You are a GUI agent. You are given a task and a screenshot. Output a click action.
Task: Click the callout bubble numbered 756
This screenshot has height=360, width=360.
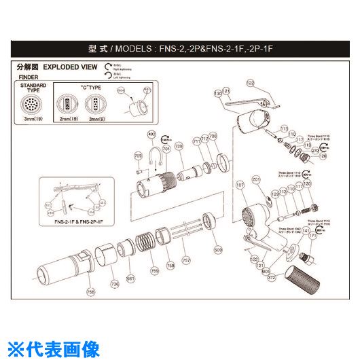(x=90, y=292)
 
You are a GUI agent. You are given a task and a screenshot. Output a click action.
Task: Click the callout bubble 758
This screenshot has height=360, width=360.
(x=171, y=266)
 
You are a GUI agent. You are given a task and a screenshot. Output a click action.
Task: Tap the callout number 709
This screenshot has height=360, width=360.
(x=138, y=156)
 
